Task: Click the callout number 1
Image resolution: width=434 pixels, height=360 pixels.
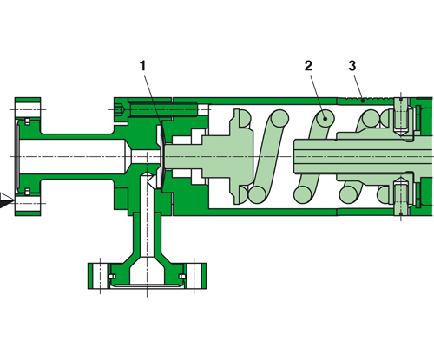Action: (x=143, y=65)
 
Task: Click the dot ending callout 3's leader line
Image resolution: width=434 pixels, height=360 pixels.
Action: (x=361, y=100)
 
